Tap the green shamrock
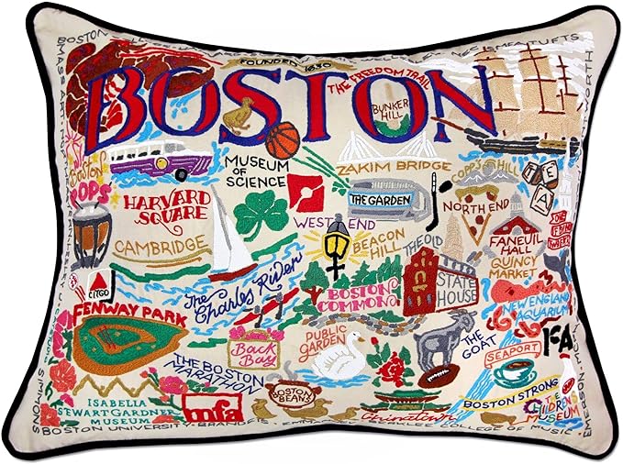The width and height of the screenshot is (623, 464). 261,214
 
